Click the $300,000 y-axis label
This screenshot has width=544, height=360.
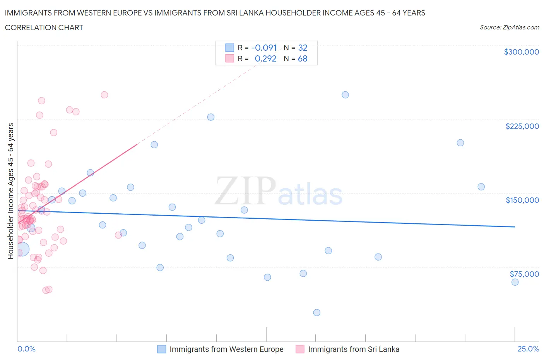coord(521,52)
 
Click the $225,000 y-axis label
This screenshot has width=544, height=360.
coord(522,126)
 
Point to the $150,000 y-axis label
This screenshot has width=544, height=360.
coord(522,200)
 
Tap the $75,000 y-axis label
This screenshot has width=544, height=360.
coord(524,274)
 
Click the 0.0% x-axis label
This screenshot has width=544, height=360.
coord(26,349)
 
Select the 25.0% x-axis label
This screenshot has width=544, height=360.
coord(528,349)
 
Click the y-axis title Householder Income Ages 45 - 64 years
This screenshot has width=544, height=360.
coord(10,191)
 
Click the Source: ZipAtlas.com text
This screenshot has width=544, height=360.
coord(509,27)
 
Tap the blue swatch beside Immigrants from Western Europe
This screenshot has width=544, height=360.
coord(161,349)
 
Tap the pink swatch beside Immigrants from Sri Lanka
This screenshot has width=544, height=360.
coord(300,349)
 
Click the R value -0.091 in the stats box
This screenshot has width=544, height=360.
coord(264,48)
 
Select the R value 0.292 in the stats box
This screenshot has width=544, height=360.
coord(265,58)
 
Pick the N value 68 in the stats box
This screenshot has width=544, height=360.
coord(303,58)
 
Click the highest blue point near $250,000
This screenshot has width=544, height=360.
coord(345,95)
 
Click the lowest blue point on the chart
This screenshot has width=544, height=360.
coord(316,312)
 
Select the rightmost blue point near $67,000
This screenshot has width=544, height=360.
coord(515,282)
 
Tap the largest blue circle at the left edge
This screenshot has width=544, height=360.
coord(22,249)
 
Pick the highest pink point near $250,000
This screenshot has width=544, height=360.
coord(104,95)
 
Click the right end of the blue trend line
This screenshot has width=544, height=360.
coord(515,227)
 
